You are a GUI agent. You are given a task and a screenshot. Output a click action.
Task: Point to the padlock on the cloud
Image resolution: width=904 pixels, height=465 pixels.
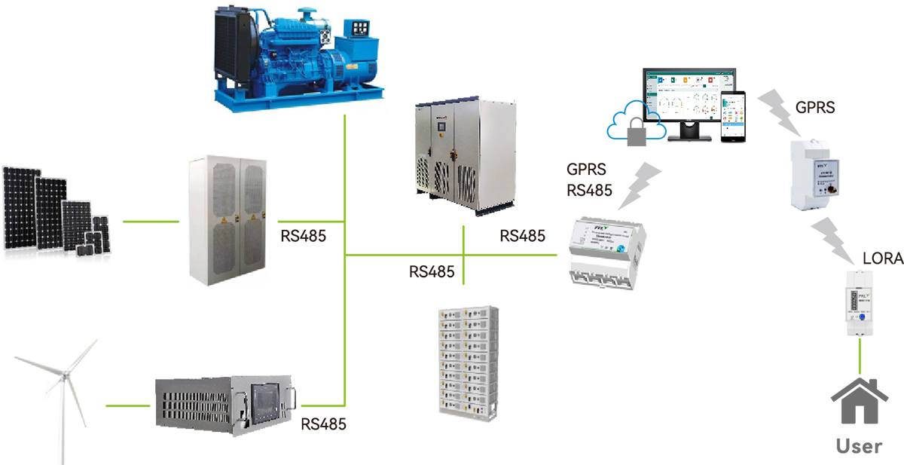tap(637, 132)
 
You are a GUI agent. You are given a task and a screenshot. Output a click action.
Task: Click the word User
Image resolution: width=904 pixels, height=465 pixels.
tap(860, 445)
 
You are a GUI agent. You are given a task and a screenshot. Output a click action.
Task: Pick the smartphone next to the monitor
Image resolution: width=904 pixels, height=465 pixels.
tap(734, 117)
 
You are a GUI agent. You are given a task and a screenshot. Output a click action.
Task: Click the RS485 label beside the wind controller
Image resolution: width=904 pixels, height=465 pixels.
tap(323, 424)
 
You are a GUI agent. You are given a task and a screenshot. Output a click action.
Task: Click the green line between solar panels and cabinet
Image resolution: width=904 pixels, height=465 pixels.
tap(151, 222)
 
